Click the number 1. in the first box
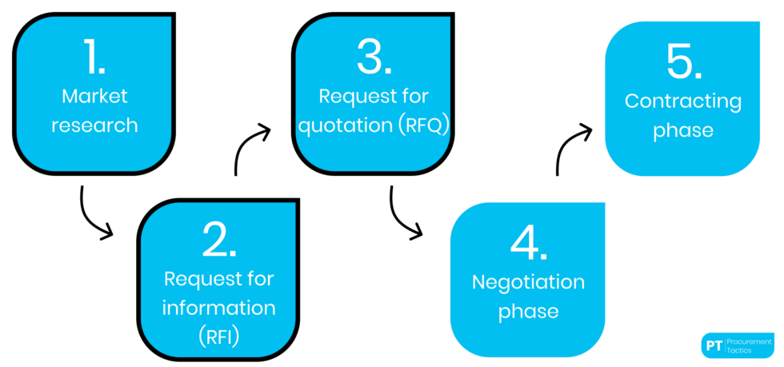[95, 56]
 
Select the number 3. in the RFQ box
[374, 56]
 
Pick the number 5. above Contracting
[682, 62]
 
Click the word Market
[95, 97]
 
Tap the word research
[95, 126]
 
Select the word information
[219, 308]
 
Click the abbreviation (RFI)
[219, 337]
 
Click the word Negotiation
[528, 282]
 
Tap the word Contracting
[682, 102]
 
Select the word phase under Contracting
[682, 130]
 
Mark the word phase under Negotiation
[528, 311]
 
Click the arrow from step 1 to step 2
[91, 215]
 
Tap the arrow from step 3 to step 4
[401, 214]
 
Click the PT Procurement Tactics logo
[736, 345]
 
